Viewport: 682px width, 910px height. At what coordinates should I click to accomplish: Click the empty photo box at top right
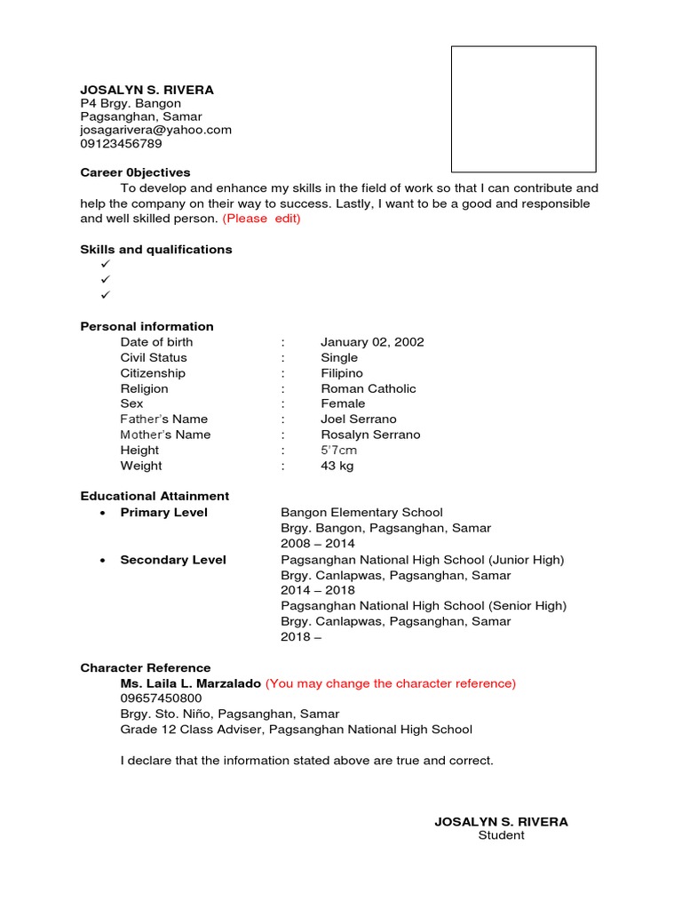click(523, 109)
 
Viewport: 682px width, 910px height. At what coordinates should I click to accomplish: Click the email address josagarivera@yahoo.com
click(155, 130)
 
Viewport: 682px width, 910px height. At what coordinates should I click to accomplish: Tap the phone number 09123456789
click(121, 143)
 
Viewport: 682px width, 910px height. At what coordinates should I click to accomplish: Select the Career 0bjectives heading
click(135, 172)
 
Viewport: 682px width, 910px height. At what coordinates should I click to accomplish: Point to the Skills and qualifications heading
click(156, 250)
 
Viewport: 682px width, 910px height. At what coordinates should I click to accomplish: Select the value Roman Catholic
click(368, 388)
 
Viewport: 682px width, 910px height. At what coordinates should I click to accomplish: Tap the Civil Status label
click(154, 357)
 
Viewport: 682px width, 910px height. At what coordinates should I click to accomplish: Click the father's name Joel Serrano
click(359, 419)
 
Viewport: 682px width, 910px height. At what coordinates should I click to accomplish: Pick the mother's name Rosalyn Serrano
click(370, 435)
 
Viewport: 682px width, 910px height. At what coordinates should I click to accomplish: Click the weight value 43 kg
click(337, 466)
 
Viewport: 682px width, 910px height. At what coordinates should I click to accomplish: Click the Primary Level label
click(163, 513)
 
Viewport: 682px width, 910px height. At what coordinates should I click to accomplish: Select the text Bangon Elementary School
click(361, 513)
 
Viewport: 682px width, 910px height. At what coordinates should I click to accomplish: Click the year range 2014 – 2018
click(317, 590)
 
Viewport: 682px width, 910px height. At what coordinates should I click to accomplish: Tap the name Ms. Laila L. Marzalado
click(190, 683)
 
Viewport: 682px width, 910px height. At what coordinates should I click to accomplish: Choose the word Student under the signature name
click(501, 835)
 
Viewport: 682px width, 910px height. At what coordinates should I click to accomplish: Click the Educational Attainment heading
click(155, 496)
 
